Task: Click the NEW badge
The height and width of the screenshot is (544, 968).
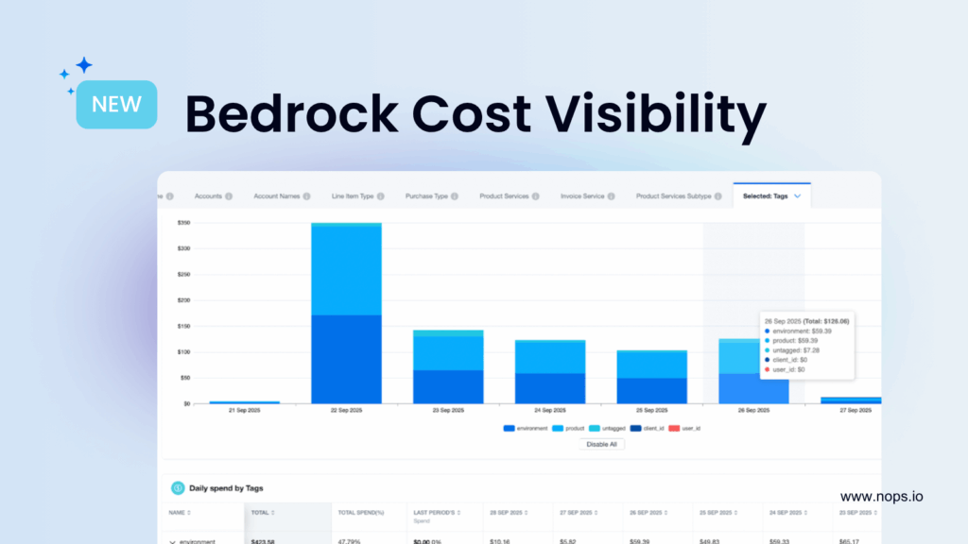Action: point(116,104)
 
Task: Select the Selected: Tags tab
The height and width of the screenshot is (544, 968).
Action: point(771,195)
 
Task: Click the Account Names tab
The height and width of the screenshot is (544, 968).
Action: point(276,196)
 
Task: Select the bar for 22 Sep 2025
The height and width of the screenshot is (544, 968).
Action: point(346,313)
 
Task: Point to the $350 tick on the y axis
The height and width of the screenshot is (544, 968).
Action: point(183,223)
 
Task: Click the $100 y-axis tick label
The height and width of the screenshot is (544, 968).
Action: point(183,352)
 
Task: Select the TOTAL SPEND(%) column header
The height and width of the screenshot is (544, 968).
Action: point(359,511)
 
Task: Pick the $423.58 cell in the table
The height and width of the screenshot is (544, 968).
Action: point(263,541)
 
